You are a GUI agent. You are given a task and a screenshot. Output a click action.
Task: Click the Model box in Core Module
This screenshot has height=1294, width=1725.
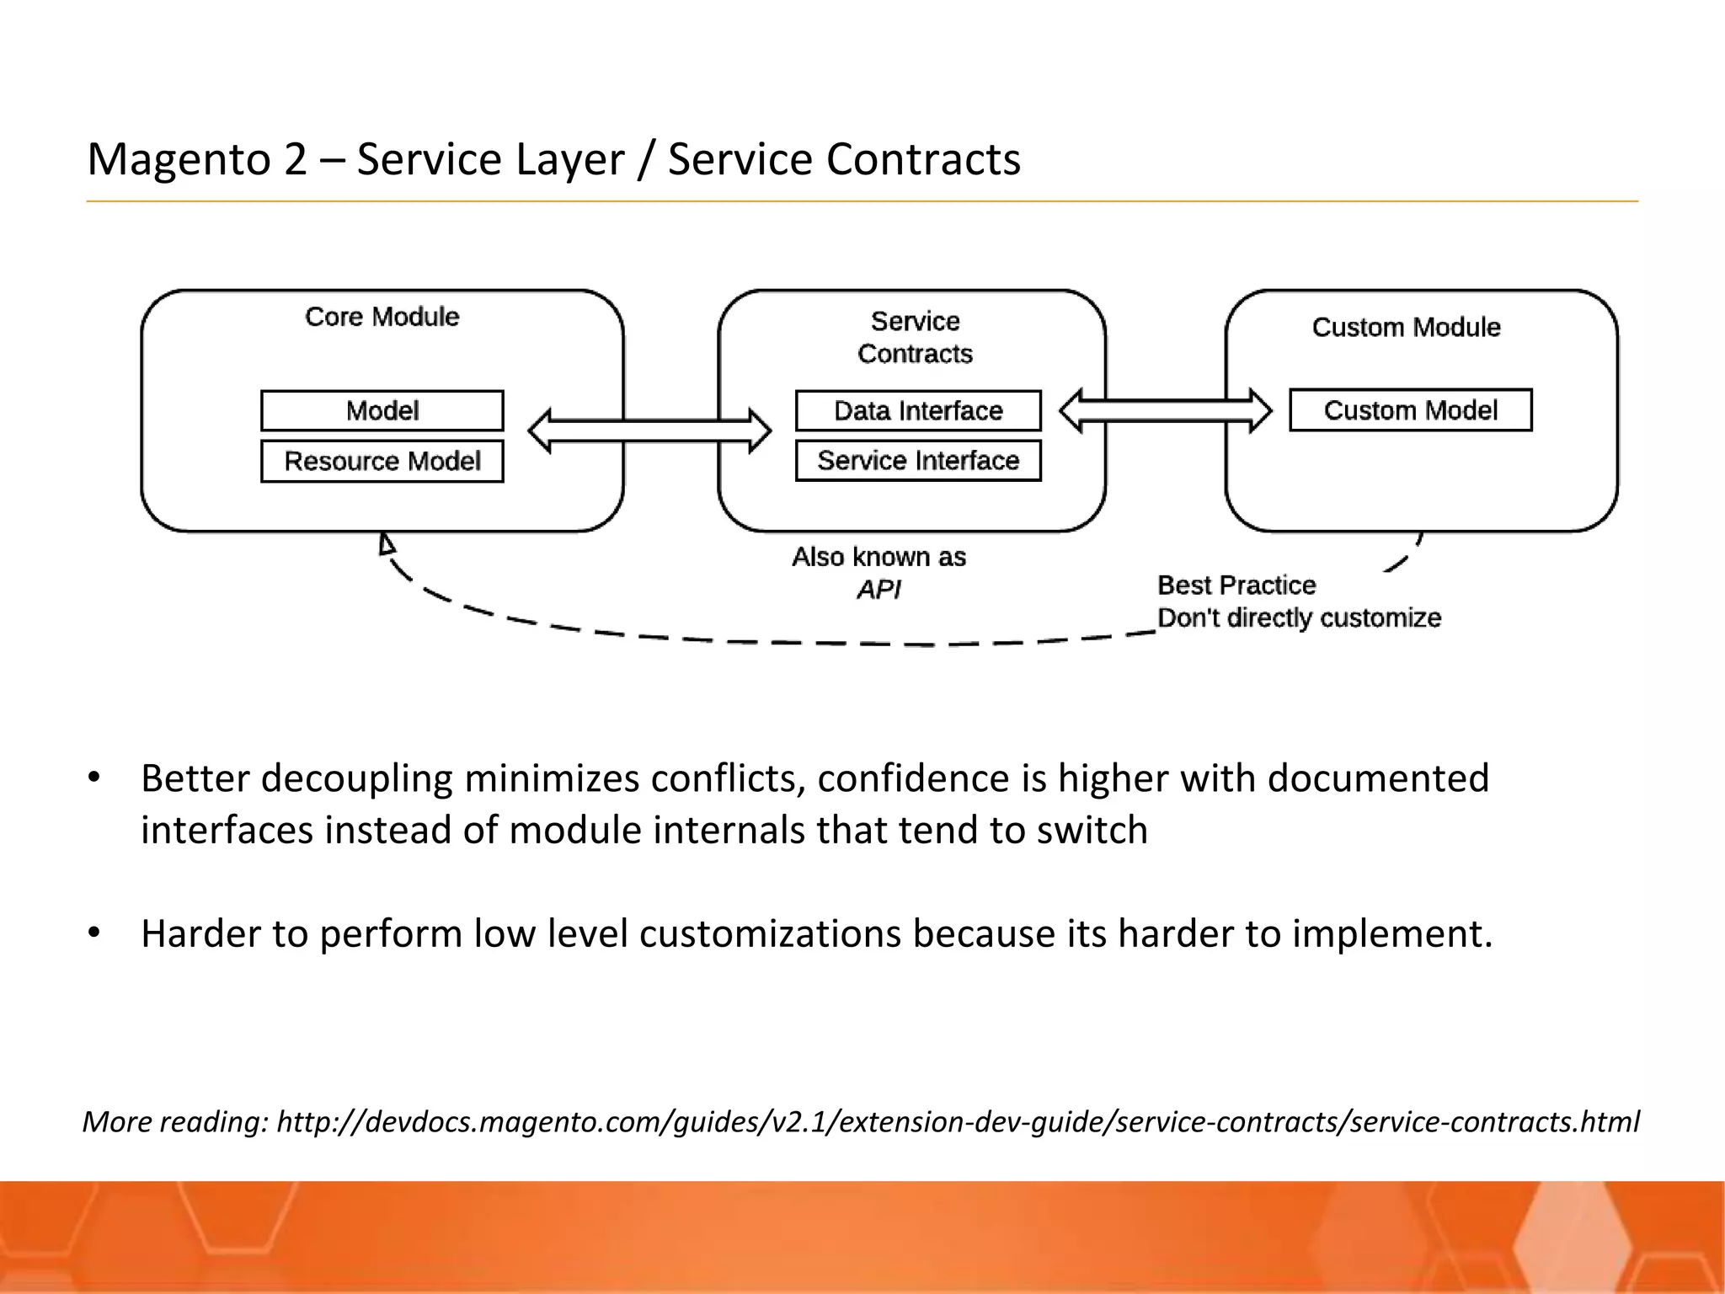pos(382,411)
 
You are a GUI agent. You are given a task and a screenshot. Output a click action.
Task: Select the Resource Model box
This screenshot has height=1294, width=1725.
pos(382,461)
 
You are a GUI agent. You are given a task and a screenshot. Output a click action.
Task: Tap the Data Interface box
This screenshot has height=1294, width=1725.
pos(918,411)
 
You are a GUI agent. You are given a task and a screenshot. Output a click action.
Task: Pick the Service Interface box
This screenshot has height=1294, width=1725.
pos(918,461)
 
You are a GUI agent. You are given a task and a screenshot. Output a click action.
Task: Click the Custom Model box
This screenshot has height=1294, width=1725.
pos(1410,410)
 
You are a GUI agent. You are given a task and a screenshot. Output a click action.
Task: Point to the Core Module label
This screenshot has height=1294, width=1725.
pos(382,317)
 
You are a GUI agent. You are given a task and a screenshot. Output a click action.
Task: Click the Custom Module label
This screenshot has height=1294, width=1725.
pos(1406,327)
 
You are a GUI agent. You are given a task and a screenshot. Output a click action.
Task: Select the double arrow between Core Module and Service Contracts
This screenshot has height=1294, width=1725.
pos(649,430)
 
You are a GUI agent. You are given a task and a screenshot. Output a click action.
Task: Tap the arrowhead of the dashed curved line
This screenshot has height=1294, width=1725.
pos(387,543)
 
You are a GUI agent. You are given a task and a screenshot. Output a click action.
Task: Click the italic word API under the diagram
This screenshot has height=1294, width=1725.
pos(879,590)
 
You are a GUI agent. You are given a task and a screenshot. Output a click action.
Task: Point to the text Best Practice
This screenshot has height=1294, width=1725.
pos(1236,585)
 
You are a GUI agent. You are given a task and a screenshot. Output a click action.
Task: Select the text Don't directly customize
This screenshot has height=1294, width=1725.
pos(1299,618)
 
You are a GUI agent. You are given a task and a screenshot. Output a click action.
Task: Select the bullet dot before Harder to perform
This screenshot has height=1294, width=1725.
pos(94,933)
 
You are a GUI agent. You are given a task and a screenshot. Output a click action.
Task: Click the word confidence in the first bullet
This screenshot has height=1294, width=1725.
pos(913,778)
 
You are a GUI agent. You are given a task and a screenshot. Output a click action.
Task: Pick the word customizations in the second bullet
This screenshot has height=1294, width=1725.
pos(770,933)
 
